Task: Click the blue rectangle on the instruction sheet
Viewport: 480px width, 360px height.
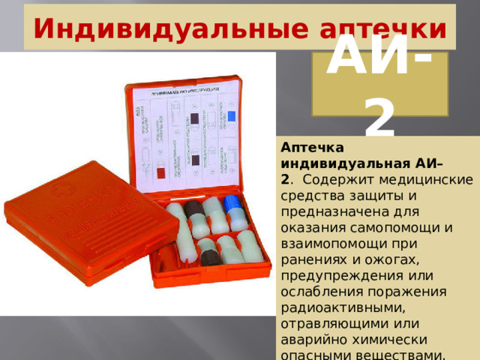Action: coord(232,116)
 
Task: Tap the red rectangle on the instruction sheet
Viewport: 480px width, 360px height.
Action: coord(160,173)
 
